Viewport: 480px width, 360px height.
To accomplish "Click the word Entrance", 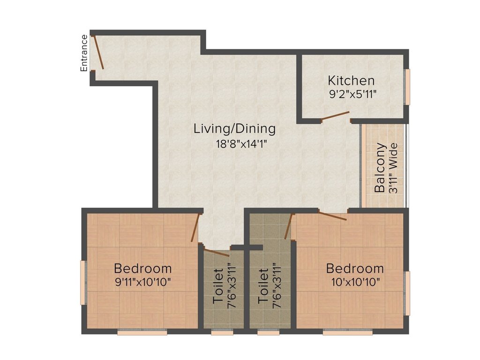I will point(84,53).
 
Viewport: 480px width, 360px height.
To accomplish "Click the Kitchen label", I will point(351,80).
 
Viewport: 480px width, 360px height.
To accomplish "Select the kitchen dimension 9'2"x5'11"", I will point(353,93).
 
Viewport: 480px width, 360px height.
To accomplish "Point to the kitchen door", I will point(335,116).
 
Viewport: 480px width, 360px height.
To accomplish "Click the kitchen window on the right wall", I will point(408,87).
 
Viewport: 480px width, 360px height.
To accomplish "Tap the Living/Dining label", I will point(234,128).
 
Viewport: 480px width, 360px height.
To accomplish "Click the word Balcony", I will point(380,168).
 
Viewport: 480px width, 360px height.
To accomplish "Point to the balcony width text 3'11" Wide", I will point(393,168).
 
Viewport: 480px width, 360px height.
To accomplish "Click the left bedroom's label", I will point(143,269).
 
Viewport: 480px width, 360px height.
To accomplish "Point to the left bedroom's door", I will point(196,228).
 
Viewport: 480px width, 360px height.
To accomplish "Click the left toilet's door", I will point(217,253).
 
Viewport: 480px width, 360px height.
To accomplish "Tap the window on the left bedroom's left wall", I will point(83,282).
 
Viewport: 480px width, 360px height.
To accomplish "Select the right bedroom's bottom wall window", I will point(347,332).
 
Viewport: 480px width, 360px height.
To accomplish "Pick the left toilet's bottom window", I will point(222,332).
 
